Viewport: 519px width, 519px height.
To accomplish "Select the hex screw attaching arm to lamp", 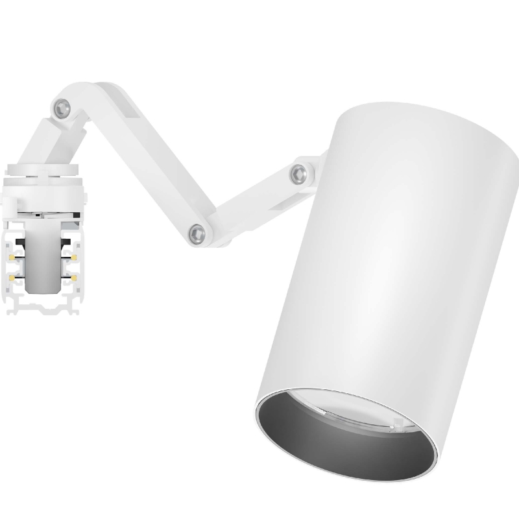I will (298, 172).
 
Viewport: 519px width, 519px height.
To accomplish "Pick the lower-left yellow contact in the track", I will (12, 278).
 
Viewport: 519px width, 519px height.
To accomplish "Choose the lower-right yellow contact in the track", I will (75, 278).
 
